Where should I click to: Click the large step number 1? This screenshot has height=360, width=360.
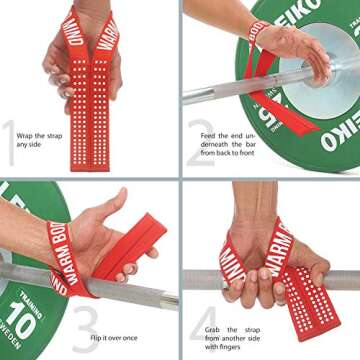point(10,142)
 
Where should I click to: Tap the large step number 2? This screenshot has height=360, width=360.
point(200,143)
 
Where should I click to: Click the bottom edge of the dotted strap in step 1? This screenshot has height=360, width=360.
point(98,168)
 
